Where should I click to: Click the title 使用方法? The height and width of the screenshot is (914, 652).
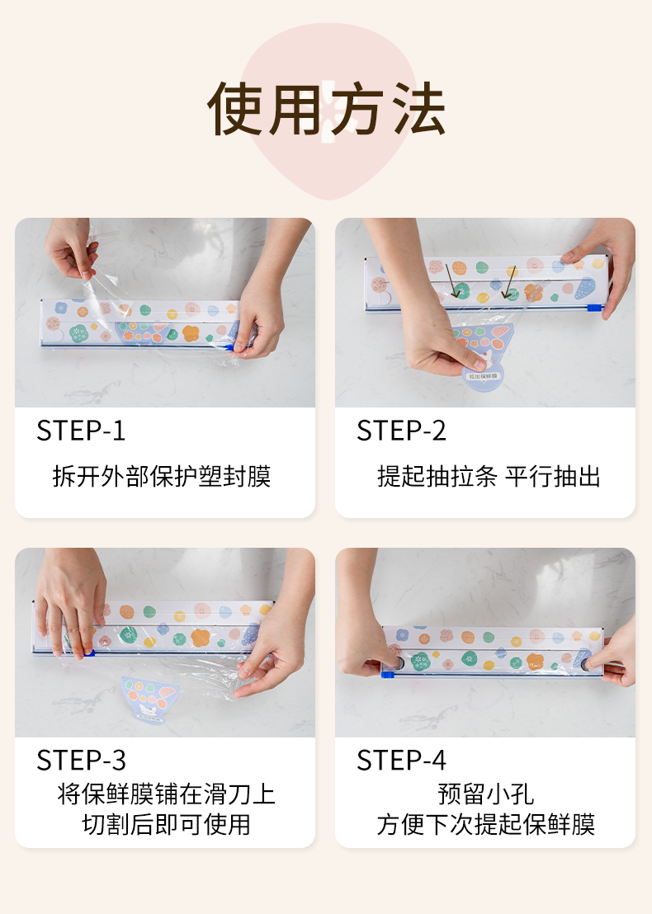pos(327,109)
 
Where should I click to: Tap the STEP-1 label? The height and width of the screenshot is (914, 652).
pos(81,431)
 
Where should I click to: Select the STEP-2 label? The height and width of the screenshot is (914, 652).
pos(401,431)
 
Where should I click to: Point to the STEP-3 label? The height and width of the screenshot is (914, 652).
pos(81,760)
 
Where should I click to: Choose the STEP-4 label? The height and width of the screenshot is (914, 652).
pos(401,760)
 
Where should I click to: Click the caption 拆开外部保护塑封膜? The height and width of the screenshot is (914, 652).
pos(162,476)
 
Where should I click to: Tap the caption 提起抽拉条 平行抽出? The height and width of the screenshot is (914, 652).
pos(489,476)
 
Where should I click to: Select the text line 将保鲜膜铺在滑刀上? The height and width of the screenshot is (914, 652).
pos(166,794)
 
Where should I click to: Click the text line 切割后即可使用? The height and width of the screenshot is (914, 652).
pos(166,825)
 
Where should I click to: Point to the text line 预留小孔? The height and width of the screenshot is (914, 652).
pos(486,794)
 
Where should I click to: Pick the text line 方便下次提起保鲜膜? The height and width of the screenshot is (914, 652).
pos(486,825)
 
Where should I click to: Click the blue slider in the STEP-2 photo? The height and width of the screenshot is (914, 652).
pos(593,308)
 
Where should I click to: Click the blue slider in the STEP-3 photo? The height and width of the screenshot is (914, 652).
pos(88,653)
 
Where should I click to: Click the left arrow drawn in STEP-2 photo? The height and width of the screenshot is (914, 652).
pos(452,280)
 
